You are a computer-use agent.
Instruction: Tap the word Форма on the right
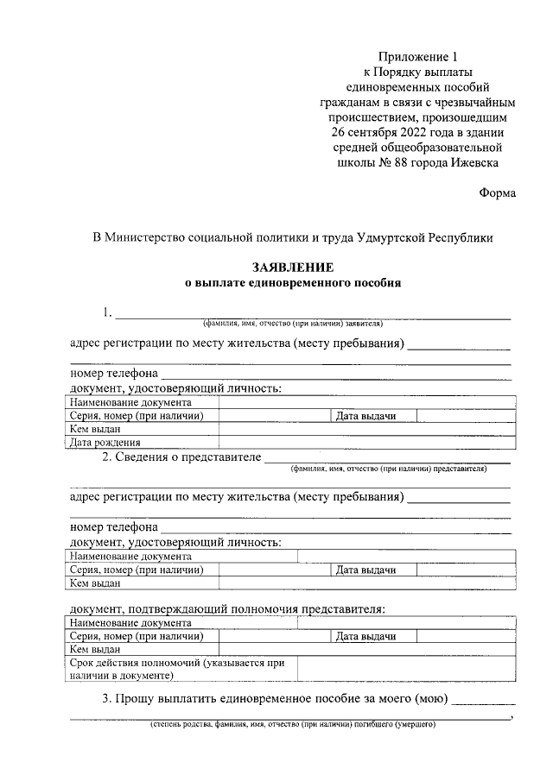497,193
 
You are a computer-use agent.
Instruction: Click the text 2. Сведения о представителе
181,457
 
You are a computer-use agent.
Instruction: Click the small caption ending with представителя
389,470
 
